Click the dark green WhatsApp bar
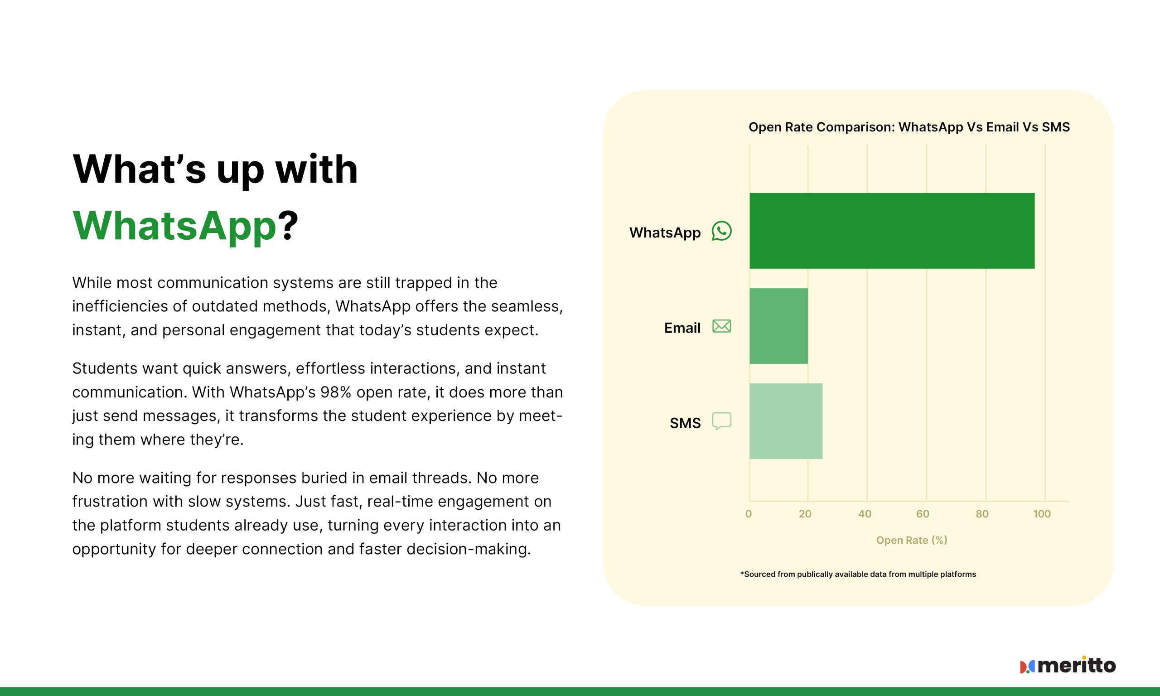click(892, 231)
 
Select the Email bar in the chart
click(779, 326)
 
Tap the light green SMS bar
click(786, 421)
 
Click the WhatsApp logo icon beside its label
click(721, 231)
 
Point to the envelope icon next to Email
click(721, 326)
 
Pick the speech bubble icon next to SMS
click(721, 421)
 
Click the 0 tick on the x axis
click(748, 514)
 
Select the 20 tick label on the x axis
click(805, 514)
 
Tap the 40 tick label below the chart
click(865, 514)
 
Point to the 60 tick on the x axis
click(923, 514)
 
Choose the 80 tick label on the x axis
click(982, 514)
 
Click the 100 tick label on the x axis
click(1042, 514)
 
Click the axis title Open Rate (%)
click(912, 540)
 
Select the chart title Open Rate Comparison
click(909, 127)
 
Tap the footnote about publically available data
click(858, 574)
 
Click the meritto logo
click(1068, 665)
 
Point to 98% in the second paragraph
click(336, 392)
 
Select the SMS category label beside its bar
click(685, 423)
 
